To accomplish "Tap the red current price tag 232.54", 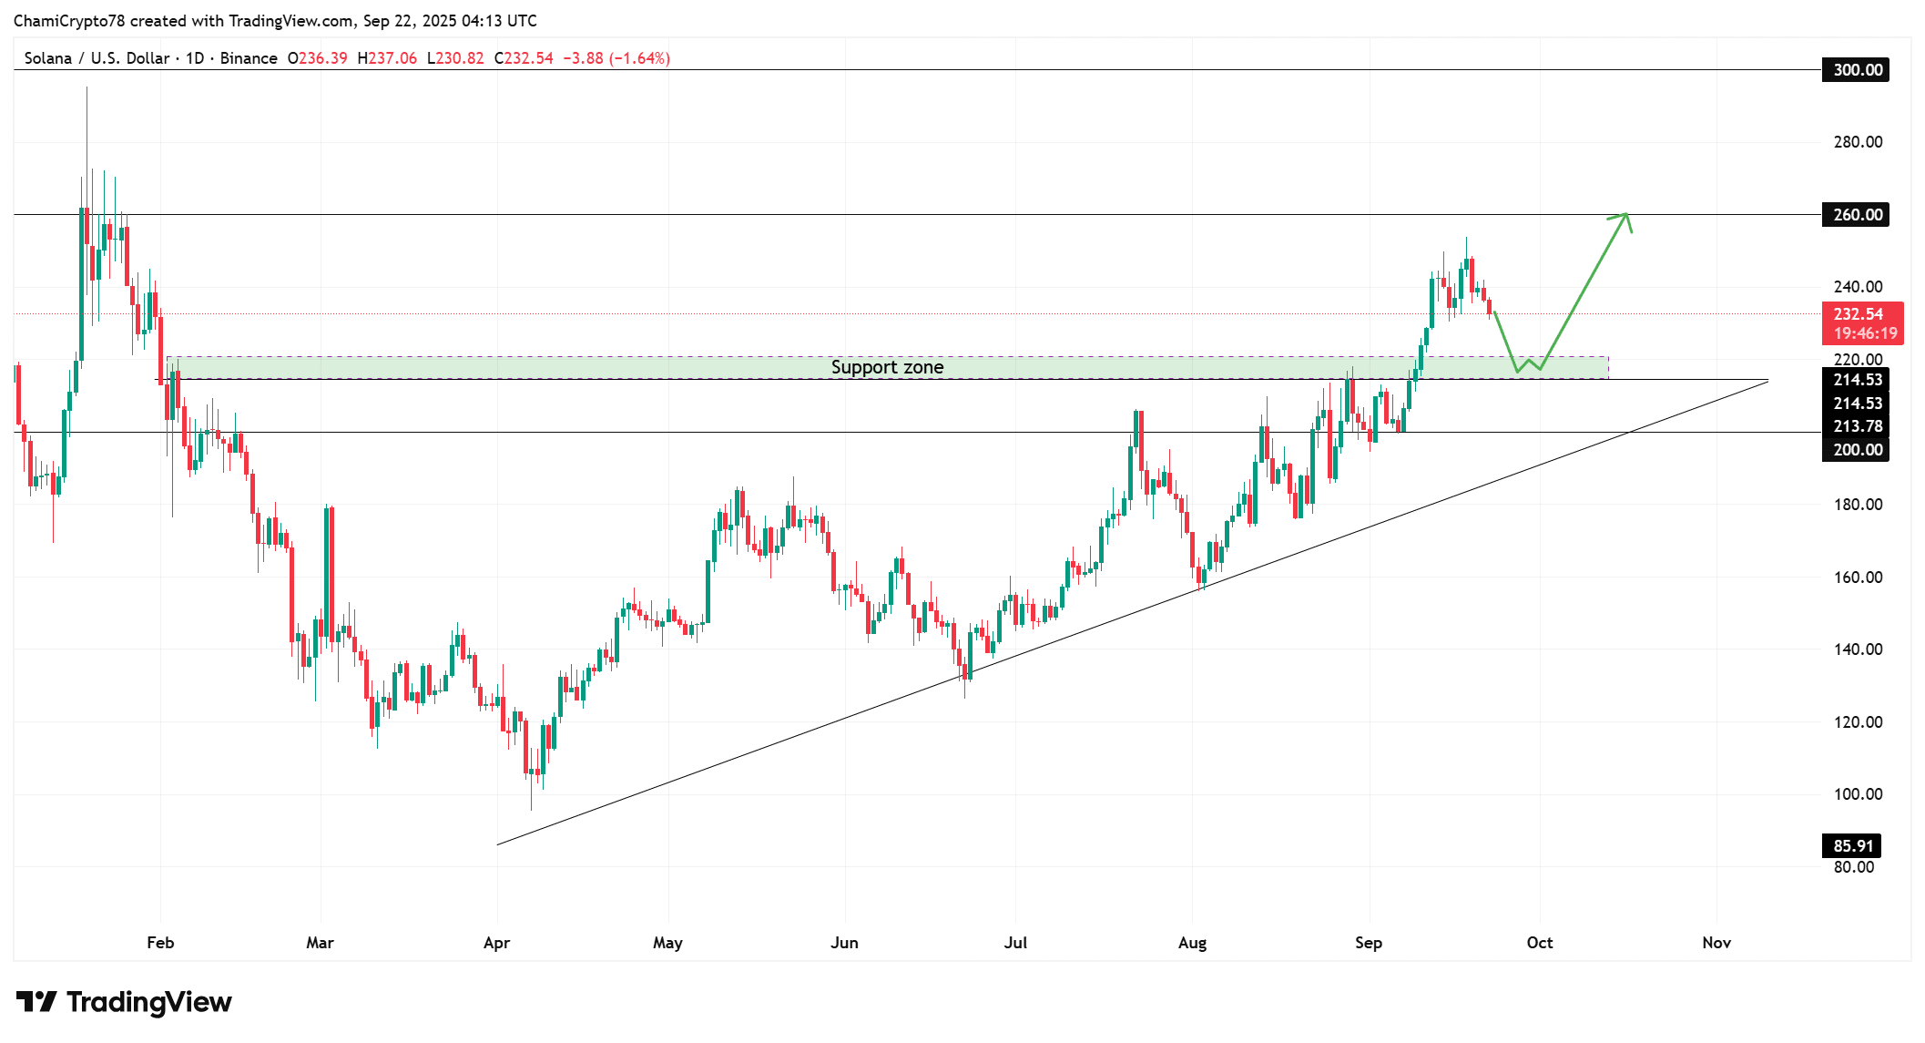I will pyautogui.click(x=1858, y=314).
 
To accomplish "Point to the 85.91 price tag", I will pyautogui.click(x=1851, y=846).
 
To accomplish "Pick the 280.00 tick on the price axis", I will pyautogui.click(x=1858, y=142).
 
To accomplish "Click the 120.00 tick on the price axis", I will pyautogui.click(x=1858, y=722).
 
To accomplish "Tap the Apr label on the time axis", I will pyautogui.click(x=496, y=943).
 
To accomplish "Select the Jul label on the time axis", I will pyautogui.click(x=1015, y=943).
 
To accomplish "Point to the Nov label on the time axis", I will pyautogui.click(x=1716, y=943).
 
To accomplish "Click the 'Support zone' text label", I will pyautogui.click(x=887, y=367).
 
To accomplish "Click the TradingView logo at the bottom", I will pyautogui.click(x=124, y=1002).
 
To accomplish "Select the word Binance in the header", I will pyautogui.click(x=249, y=58).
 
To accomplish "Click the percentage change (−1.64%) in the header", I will pyautogui.click(x=639, y=58).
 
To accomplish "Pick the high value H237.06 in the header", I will pyautogui.click(x=387, y=58).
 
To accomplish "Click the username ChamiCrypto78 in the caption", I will pyautogui.click(x=68, y=21).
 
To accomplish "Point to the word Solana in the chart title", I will pyautogui.click(x=48, y=58).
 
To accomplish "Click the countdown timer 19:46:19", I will pyautogui.click(x=1865, y=333).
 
